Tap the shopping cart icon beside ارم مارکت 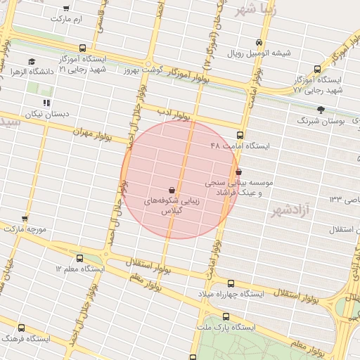point(66,8)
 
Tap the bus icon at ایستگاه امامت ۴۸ point(240,135)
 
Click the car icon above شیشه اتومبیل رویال point(259,43)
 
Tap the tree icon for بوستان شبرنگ point(321,110)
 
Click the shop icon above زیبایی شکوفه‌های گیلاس point(172,189)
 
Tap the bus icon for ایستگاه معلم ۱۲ point(79,258)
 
